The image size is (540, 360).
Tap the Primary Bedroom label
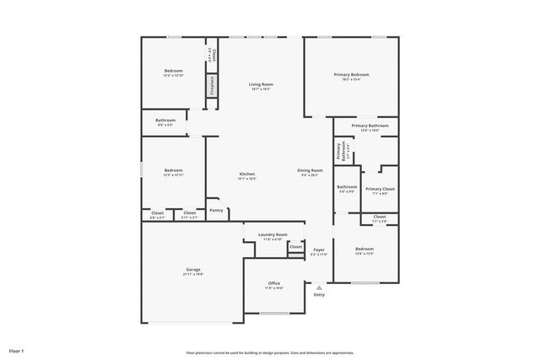coord(352,74)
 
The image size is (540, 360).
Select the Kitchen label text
coord(246,174)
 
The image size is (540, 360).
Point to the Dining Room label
coord(310,170)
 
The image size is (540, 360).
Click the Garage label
coord(193,269)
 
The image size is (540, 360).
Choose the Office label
coord(274,282)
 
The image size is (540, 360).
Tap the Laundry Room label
coord(273,234)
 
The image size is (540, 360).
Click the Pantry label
coord(217,210)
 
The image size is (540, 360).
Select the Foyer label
coord(319,250)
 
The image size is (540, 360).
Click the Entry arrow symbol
coord(319,287)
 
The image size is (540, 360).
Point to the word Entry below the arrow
coord(319,294)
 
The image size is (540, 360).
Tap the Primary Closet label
coord(380,189)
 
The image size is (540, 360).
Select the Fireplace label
coord(212,85)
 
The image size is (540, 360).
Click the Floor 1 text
coord(17,350)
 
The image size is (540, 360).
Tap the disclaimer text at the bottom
coord(269,352)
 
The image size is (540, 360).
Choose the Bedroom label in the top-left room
coord(173,70)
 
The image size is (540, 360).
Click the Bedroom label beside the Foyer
coord(364,249)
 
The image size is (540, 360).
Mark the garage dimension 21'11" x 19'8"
coord(193,274)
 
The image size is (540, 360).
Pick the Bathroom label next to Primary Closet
coord(347,186)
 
